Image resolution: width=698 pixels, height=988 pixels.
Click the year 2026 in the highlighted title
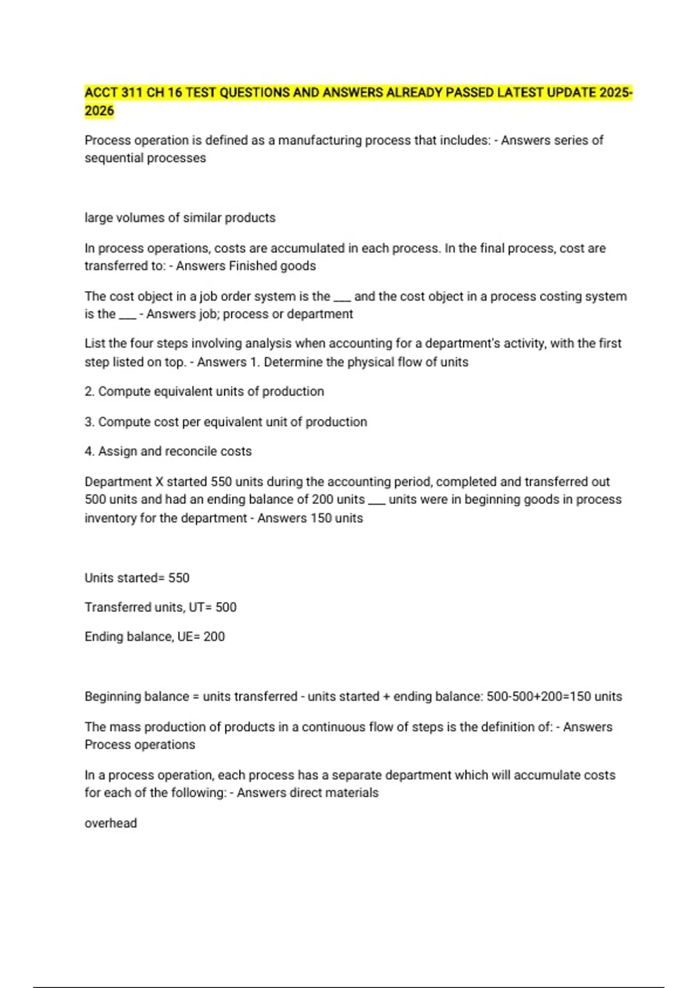tap(99, 111)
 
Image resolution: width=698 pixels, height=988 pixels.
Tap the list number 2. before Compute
tap(89, 392)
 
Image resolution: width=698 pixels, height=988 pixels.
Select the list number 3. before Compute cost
tap(89, 422)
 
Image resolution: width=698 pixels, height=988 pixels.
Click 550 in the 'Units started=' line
tap(179, 578)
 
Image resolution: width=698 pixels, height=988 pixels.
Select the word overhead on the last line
tap(111, 824)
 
